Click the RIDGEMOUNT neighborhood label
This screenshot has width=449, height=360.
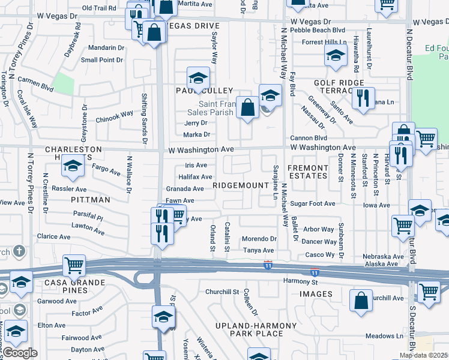pos(240,185)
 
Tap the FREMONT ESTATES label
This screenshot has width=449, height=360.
pos(308,172)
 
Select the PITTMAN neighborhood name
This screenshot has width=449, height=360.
pos(90,199)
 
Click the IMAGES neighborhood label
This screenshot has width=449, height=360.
pos(316,294)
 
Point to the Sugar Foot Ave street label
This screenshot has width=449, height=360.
pos(313,204)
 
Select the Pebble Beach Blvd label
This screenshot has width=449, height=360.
pos(318,29)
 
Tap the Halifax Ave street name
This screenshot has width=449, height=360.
pos(195,177)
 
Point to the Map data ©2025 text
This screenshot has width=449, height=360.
pos(424,355)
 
